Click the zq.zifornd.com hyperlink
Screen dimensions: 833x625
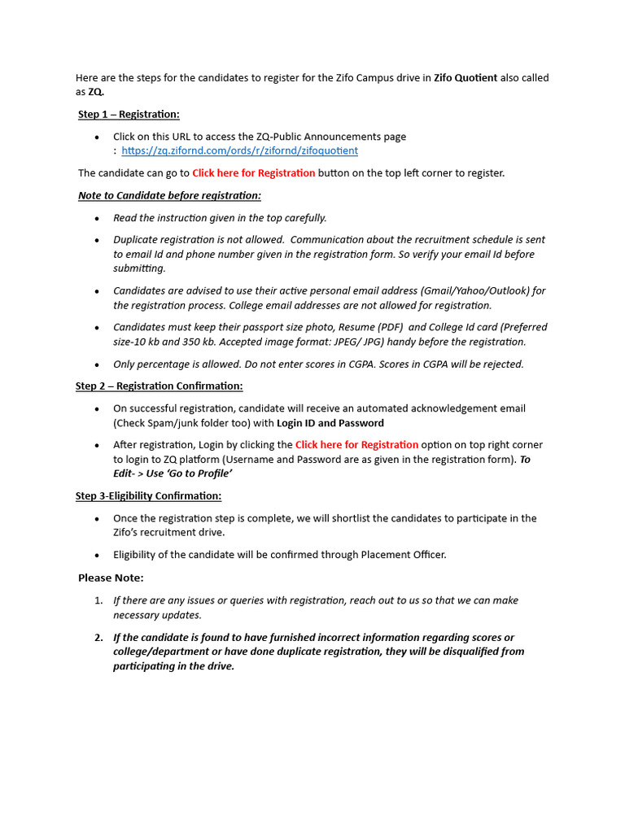point(239,150)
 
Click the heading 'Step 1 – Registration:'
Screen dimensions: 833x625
point(129,114)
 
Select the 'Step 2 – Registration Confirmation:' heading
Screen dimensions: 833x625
point(159,386)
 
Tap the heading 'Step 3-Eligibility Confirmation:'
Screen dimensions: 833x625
point(148,495)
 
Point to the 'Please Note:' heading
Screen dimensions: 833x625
point(111,578)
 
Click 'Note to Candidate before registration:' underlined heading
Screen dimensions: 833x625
point(169,195)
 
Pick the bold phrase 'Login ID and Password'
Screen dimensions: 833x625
point(330,423)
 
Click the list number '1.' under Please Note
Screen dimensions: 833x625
point(98,600)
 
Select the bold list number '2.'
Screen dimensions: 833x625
point(98,637)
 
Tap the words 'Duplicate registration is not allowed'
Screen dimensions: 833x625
point(198,240)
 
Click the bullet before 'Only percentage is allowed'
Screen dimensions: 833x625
point(98,365)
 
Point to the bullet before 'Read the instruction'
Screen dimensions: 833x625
point(98,218)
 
